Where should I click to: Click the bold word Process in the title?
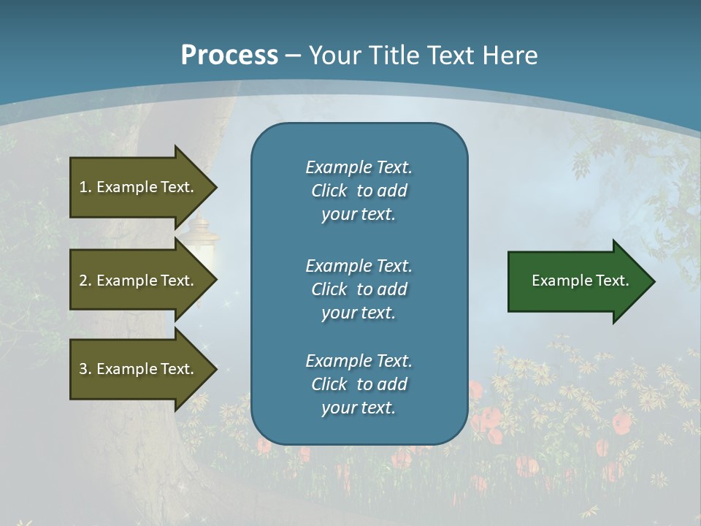pos(229,56)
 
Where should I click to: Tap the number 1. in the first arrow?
pos(85,187)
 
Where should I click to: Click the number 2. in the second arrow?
pos(85,281)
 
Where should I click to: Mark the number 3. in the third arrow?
pos(85,369)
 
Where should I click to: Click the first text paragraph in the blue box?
pos(359,191)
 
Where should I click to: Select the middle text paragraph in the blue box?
pos(359,289)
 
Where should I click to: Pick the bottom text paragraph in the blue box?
pos(359,384)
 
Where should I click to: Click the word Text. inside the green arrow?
pos(613,281)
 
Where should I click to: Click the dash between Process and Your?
pos(293,56)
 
